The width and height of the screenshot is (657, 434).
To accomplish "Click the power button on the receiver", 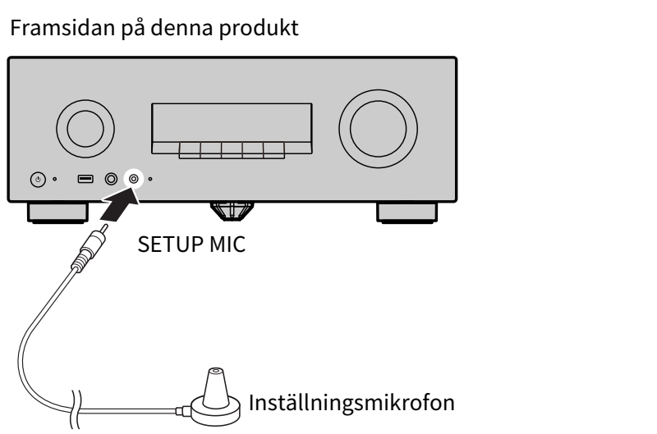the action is point(38,180).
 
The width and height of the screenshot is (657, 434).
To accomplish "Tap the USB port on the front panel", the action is point(85,179).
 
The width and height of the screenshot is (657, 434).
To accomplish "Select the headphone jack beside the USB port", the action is point(111,179).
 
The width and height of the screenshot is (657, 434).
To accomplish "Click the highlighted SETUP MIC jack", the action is point(134,179).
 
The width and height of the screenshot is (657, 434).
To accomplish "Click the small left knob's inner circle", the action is point(85,129).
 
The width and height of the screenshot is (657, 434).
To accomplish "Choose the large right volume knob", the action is point(378,129).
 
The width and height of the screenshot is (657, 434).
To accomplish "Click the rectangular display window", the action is point(232,122).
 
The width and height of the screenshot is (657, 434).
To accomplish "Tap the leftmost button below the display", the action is point(190,150).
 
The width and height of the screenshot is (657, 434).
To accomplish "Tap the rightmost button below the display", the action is point(274,150).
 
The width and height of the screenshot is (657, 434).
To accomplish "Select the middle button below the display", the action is point(232,150).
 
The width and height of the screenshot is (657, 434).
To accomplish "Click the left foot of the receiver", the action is point(57,212).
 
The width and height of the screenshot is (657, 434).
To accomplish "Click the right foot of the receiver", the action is point(407,212).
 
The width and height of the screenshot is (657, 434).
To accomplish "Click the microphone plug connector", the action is point(90,247).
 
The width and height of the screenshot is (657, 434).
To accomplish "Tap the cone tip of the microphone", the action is point(216,371).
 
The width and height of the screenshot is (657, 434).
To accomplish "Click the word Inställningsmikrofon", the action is point(351,403).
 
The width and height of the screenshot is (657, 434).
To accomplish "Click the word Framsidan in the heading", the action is point(62,28).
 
